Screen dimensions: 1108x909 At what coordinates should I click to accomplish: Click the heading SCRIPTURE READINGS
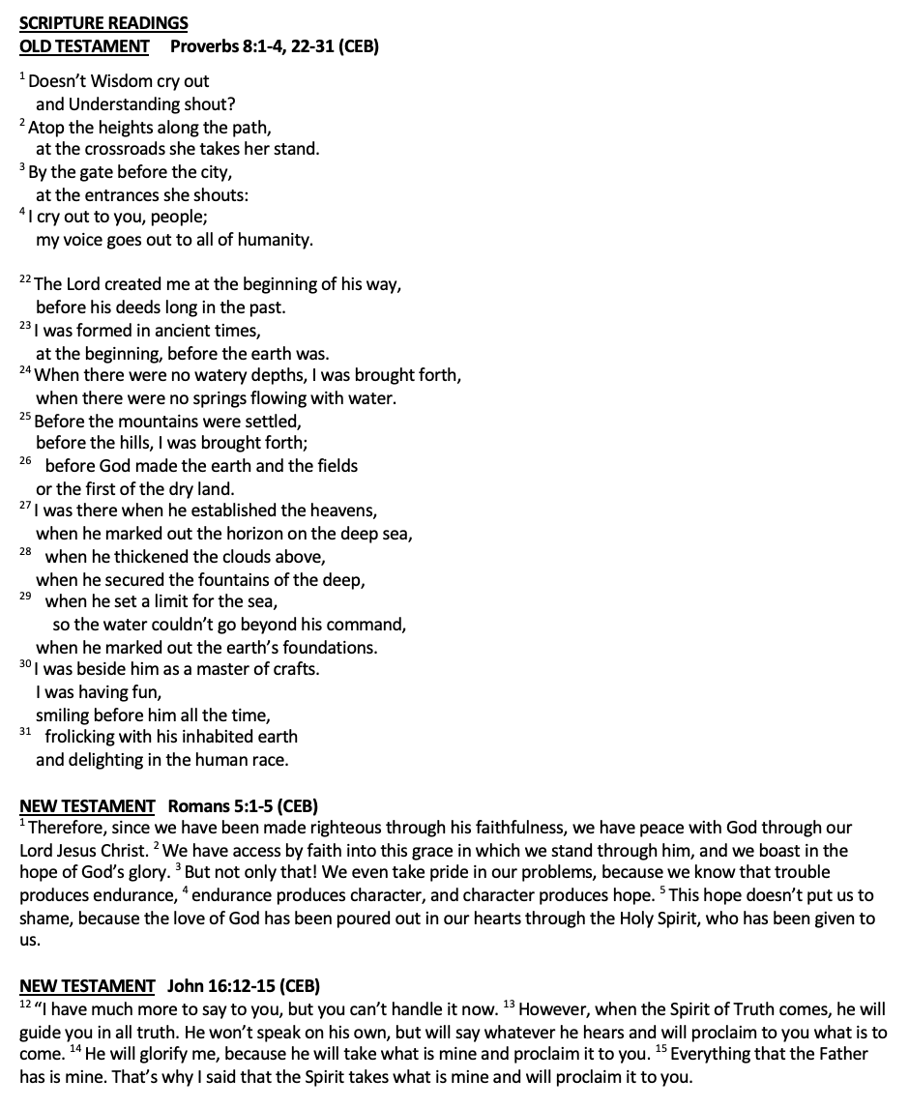(103, 23)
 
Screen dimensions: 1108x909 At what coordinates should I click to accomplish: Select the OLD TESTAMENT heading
(84, 45)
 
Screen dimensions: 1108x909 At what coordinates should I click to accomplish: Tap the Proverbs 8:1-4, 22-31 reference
(275, 45)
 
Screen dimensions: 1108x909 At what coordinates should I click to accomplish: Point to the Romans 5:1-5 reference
(244, 805)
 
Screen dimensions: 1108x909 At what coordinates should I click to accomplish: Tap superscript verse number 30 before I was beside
(25, 665)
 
